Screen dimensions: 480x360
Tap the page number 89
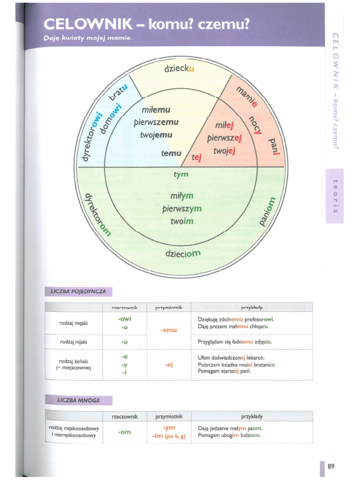point(331,466)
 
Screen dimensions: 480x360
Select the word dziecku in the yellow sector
point(179,68)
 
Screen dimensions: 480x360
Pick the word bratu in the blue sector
point(118,91)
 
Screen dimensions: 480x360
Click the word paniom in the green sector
point(265,211)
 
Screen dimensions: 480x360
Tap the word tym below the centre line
point(181,174)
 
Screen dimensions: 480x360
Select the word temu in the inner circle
point(171,153)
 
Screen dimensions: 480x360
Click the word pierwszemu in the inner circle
point(156,122)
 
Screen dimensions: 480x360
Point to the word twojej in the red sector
point(224,151)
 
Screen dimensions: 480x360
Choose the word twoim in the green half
point(182,220)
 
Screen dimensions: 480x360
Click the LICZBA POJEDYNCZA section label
point(78,292)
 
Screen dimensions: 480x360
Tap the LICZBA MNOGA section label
point(78,400)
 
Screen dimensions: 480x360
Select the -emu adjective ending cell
point(169,330)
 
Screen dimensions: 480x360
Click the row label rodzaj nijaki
point(74,342)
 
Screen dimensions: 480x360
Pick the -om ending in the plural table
point(124,432)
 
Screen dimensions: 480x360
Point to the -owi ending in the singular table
point(124,319)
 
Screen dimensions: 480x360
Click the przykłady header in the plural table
point(252,416)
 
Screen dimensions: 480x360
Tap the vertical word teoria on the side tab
point(335,195)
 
